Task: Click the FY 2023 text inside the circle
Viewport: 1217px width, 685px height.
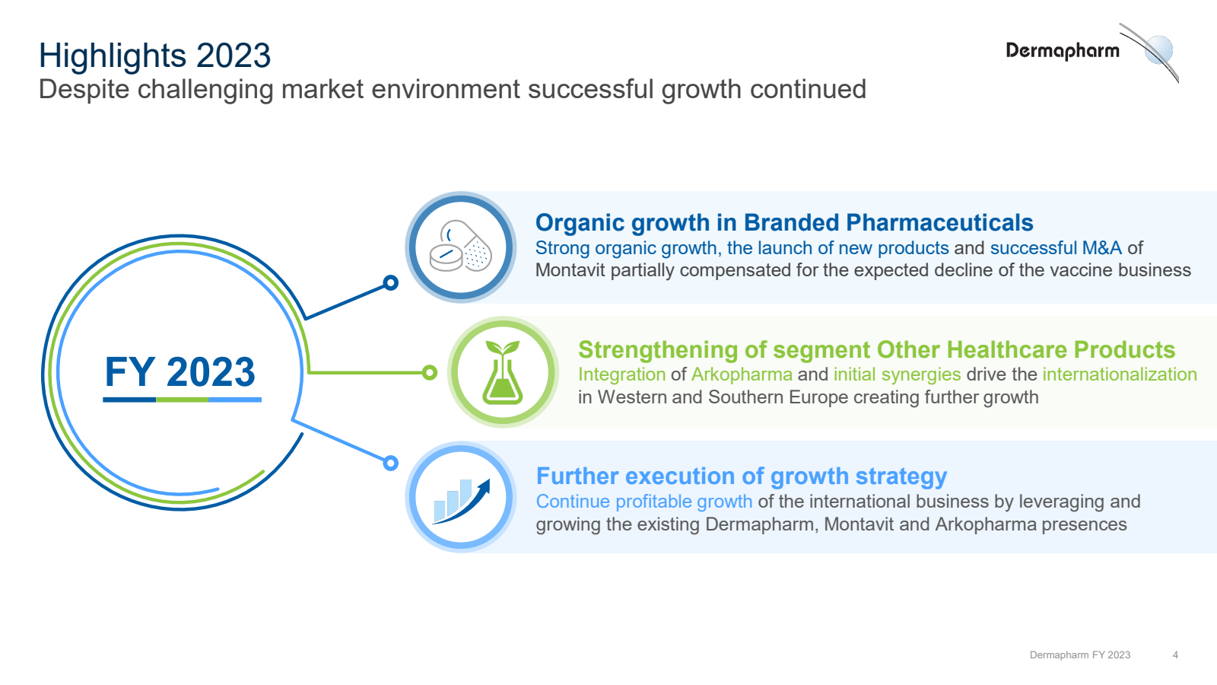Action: [180, 372]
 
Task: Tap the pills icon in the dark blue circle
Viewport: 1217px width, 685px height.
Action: [461, 247]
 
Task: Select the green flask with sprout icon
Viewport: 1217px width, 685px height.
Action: [503, 372]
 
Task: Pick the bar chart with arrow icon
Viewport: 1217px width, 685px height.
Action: [461, 499]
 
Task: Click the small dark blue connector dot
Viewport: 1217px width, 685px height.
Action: [391, 283]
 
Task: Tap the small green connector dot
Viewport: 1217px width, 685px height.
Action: [430, 372]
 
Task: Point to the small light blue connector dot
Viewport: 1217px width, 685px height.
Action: [391, 463]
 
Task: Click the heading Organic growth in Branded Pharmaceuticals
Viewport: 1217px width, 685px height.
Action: [783, 222]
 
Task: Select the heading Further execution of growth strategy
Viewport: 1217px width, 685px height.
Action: [741, 476]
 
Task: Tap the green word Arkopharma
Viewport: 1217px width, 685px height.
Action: [742, 374]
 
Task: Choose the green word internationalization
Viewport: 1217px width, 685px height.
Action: [1119, 374]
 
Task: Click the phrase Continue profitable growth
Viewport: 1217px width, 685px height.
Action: [643, 502]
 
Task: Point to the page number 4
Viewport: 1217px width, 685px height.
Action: [1175, 655]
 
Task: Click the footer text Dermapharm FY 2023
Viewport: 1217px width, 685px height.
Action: [1079, 655]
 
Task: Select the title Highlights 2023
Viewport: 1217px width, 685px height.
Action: [154, 56]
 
